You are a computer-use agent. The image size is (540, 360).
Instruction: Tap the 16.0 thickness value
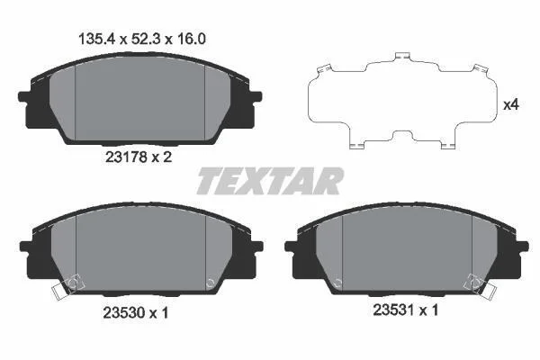click(x=192, y=40)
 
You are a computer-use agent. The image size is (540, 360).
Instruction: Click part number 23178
click(x=126, y=157)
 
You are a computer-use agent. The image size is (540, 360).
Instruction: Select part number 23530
click(x=124, y=313)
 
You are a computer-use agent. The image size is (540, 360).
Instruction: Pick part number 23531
click(x=393, y=310)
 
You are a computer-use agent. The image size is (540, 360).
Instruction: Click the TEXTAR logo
click(x=270, y=181)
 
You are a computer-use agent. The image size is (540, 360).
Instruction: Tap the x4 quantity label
click(x=511, y=104)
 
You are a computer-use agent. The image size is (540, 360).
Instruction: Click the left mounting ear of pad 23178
click(x=23, y=96)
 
